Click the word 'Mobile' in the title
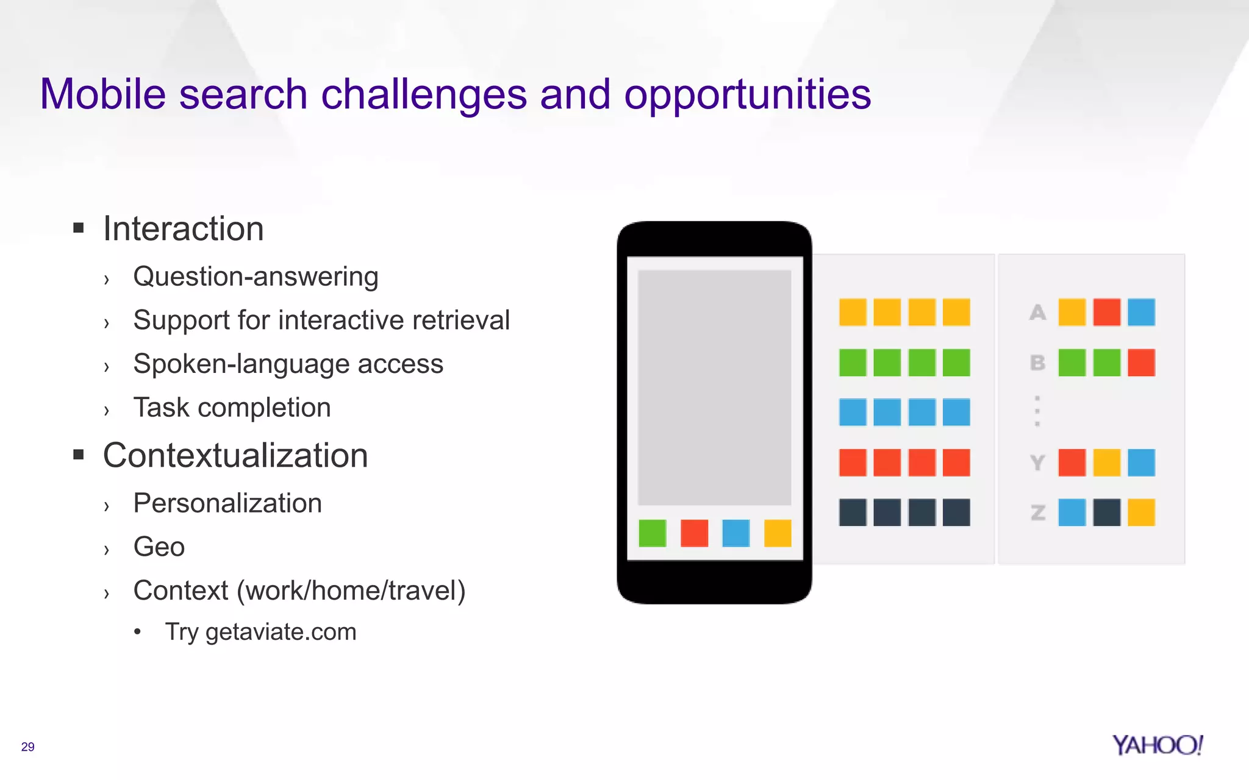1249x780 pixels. [x=102, y=94]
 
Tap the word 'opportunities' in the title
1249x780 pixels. [x=748, y=96]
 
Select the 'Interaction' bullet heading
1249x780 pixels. [x=183, y=229]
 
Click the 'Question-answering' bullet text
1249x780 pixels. [x=256, y=277]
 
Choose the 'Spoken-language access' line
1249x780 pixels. [x=288, y=364]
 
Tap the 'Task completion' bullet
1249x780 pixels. [x=232, y=408]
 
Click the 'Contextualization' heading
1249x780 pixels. [x=235, y=456]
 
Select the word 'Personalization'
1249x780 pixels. [x=227, y=503]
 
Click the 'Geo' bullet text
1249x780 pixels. [x=159, y=547]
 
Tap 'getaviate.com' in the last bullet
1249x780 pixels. [x=281, y=632]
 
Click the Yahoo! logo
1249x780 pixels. [x=1157, y=745]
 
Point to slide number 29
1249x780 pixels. [x=27, y=747]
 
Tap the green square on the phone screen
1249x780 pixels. [x=652, y=533]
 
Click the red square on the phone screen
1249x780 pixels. [x=694, y=533]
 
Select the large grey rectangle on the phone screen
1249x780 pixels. [x=714, y=388]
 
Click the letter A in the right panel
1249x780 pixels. [x=1037, y=313]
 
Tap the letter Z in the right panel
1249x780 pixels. [x=1037, y=513]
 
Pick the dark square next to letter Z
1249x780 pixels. [x=1106, y=512]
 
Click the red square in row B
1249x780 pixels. [x=1141, y=363]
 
